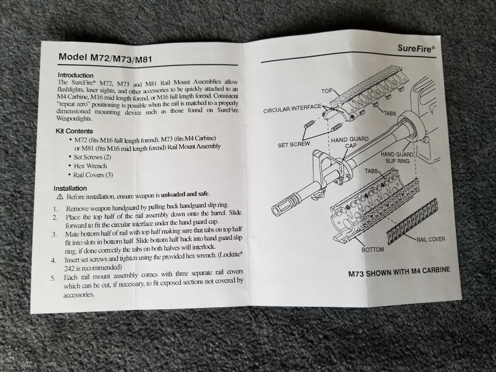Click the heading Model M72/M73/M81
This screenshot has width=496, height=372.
[105, 58]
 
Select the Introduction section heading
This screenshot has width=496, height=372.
[76, 75]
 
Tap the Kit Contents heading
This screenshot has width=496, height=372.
[74, 131]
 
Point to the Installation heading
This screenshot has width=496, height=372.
[70, 188]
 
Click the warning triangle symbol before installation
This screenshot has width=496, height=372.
[60, 196]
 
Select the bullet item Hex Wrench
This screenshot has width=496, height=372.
[90, 166]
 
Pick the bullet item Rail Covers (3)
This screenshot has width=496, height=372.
[93, 175]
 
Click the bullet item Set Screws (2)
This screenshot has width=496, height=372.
[92, 157]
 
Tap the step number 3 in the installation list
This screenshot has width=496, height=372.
[54, 235]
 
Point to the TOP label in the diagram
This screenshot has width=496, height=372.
[327, 91]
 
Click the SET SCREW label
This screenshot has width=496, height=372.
[293, 145]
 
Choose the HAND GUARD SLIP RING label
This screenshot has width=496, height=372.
[397, 157]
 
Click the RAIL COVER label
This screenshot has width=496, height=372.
[431, 239]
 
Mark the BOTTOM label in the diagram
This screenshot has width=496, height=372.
[372, 250]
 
